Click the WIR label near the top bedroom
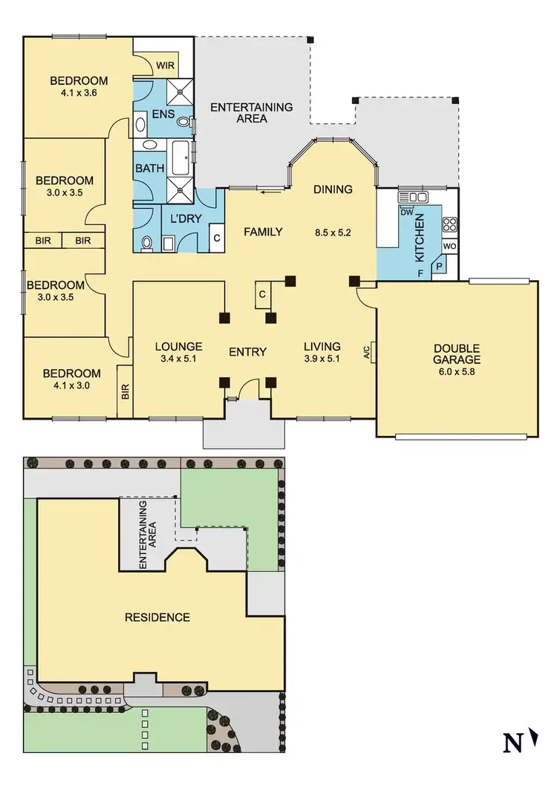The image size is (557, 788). [x=165, y=65]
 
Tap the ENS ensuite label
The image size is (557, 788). [x=163, y=115]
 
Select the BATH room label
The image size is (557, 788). [x=149, y=169]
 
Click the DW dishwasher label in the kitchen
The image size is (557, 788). [x=406, y=212]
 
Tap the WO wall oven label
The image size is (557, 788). [x=449, y=246]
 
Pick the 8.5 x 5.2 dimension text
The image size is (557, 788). [x=333, y=232]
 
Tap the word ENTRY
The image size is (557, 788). [x=247, y=351]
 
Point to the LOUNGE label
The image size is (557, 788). [x=178, y=346]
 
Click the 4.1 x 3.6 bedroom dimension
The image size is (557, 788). [x=79, y=94]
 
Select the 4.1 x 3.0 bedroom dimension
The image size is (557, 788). [x=71, y=386]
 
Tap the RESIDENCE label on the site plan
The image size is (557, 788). [x=157, y=617]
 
